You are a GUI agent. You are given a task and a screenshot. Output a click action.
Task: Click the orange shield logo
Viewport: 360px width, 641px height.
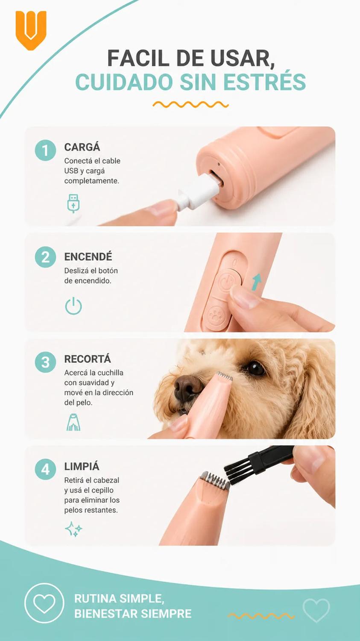pos(31,30)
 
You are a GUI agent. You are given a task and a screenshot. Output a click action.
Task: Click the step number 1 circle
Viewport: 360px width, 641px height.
pos(45,150)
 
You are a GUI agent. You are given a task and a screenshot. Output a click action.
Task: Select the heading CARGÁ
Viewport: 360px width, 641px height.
pos(82,147)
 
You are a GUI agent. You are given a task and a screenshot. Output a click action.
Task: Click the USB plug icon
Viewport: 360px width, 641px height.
pos(73,203)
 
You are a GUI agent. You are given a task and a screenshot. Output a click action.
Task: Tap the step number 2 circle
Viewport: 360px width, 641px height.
pos(45,257)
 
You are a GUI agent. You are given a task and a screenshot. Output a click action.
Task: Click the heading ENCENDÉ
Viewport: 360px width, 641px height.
pos(88,256)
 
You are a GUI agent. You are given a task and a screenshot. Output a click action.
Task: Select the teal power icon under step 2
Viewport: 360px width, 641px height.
pos(73,306)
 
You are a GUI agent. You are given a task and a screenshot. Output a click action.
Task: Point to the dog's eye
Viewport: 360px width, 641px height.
pos(255,368)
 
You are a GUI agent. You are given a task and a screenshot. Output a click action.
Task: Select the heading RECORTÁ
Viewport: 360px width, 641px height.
pos(87,359)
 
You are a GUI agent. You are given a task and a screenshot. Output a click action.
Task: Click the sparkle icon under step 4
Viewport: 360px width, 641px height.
pos(73,529)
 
